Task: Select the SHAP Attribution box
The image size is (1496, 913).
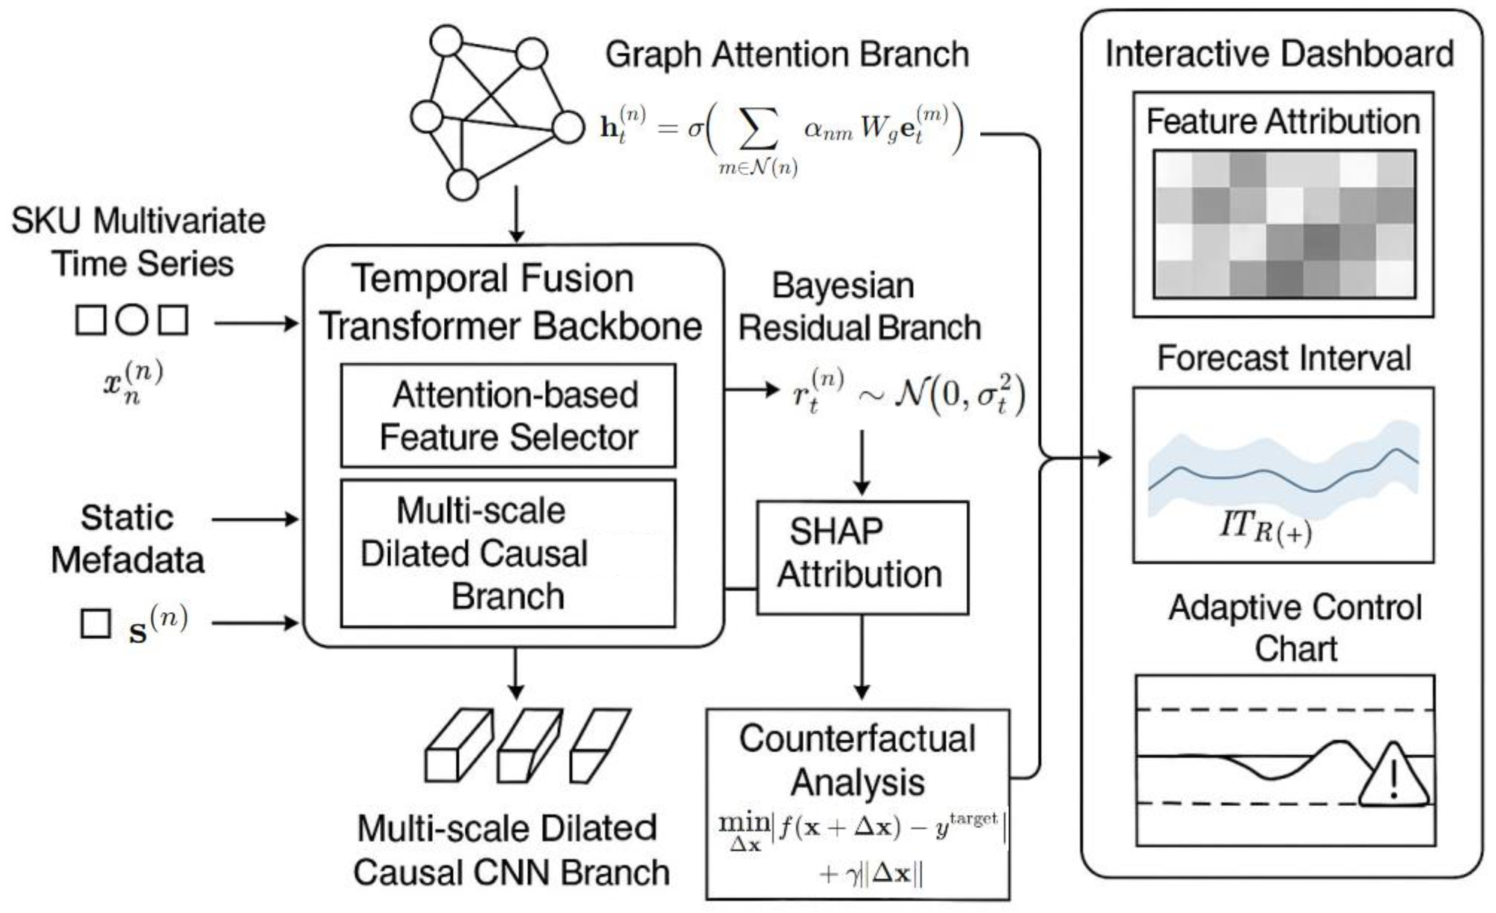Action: click(862, 557)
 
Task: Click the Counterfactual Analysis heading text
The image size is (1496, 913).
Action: click(857, 761)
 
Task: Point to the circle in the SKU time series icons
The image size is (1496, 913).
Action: click(132, 320)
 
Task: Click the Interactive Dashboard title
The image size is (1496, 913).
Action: click(1279, 54)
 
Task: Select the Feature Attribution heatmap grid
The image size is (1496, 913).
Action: click(1284, 224)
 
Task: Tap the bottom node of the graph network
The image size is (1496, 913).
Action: click(463, 185)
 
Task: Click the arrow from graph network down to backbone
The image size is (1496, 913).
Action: click(516, 216)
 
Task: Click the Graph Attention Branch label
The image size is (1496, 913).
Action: click(787, 55)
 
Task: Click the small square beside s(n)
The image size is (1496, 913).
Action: click(96, 623)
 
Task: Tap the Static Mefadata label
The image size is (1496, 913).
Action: click(127, 539)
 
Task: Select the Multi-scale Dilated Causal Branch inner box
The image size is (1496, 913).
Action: click(508, 553)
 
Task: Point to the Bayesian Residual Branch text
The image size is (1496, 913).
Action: click(859, 307)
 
